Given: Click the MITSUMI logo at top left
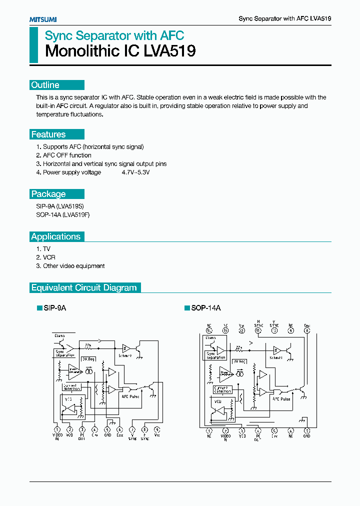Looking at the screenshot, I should tap(42, 19).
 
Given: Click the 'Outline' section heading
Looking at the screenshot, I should tap(45, 85).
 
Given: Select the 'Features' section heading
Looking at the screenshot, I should tap(48, 134).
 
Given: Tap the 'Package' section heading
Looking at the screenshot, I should tap(48, 194).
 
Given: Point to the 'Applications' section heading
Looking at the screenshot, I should tap(56, 236).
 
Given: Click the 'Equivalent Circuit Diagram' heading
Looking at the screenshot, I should tap(84, 287).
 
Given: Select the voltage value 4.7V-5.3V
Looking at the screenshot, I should tap(135, 172).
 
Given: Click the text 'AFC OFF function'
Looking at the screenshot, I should tap(67, 155).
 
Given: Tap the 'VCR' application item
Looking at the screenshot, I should tap(49, 257).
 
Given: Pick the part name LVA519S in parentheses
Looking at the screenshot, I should tap(68, 205).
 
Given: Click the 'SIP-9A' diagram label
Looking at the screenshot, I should tap(54, 308).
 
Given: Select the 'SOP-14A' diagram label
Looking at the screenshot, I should tap(205, 308).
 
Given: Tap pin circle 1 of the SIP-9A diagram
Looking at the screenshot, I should tap(57, 429).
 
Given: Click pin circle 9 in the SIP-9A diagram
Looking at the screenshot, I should tap(157, 429).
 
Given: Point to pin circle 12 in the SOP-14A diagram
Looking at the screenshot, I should tap(241, 330).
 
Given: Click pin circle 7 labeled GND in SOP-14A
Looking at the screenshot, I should tap(307, 430).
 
